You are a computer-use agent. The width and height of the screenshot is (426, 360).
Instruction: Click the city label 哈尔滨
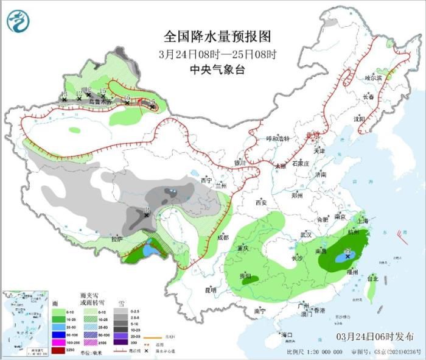pyautogui.click(x=372, y=79)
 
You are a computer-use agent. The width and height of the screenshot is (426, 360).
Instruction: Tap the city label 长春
pyautogui.click(x=368, y=97)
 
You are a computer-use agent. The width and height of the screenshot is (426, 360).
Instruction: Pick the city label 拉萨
pyautogui.click(x=117, y=239)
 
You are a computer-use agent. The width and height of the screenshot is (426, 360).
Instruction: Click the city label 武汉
pyautogui.click(x=306, y=235)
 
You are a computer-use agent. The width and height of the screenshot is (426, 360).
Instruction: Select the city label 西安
pyautogui.click(x=262, y=202)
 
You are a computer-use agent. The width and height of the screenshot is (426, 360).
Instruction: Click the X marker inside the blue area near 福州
pyautogui.click(x=348, y=257)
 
